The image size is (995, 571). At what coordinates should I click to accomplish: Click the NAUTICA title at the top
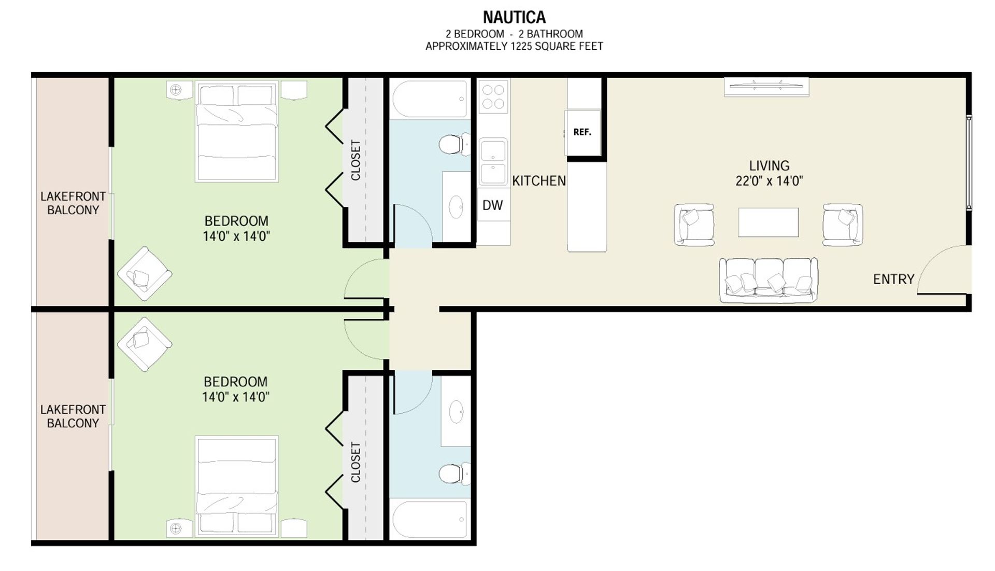point(514,17)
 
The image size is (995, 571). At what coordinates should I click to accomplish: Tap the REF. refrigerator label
point(582,132)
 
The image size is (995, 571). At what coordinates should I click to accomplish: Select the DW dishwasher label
point(492,205)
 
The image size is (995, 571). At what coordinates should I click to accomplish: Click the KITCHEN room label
point(539,180)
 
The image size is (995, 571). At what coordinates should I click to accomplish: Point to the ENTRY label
point(893,279)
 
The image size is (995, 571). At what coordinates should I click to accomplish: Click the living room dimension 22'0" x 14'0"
point(769,181)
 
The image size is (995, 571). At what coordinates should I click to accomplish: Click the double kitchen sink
point(493,161)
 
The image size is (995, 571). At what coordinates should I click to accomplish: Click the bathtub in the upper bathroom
point(430,99)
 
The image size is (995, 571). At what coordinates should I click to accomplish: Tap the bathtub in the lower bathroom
point(430,519)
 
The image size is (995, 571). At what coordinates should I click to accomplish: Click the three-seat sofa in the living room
point(769,280)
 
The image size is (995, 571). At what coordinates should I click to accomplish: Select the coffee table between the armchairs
point(768,222)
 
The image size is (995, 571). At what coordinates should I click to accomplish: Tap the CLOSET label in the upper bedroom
point(356,160)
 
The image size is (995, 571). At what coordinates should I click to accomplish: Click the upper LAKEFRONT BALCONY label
point(73,203)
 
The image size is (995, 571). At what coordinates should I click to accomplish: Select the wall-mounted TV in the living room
point(766,87)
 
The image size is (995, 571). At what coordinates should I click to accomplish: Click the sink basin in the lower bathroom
point(456,412)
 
